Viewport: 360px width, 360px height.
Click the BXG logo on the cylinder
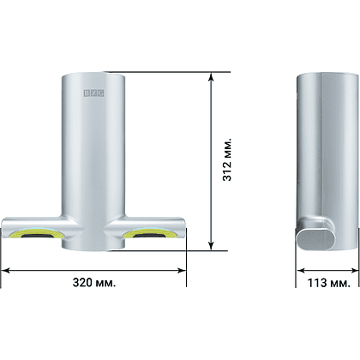point(93,93)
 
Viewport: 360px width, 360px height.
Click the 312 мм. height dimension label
point(227,160)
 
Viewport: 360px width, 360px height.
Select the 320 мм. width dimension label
point(94,283)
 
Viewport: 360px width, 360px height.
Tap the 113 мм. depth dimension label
point(328,283)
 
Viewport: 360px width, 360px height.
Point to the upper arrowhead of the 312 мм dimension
point(211,77)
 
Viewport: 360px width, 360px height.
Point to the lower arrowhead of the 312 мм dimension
point(211,246)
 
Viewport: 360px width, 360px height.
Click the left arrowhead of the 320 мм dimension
point(6,270)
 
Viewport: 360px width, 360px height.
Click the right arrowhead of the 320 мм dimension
point(182,270)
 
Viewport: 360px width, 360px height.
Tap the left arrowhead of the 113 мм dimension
point(301,270)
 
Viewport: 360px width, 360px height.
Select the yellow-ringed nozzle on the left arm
point(37,233)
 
